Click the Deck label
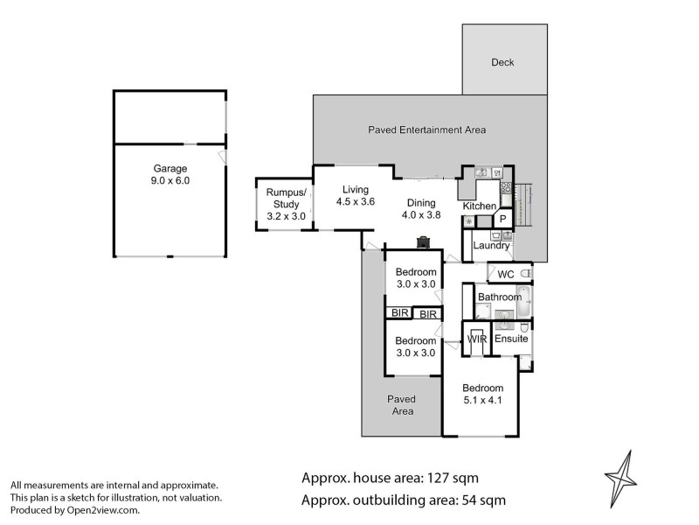pyautogui.click(x=502, y=62)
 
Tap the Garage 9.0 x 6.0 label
pyautogui.click(x=171, y=174)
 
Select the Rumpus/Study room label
pyautogui.click(x=281, y=199)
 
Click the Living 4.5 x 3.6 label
pyautogui.click(x=356, y=195)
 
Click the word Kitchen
pyautogui.click(x=479, y=206)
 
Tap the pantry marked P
pyautogui.click(x=504, y=220)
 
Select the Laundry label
pyautogui.click(x=491, y=246)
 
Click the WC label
pyautogui.click(x=505, y=275)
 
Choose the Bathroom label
pyautogui.click(x=499, y=297)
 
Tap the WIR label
pyautogui.click(x=477, y=338)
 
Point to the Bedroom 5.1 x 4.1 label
pyautogui.click(x=483, y=395)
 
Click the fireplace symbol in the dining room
pyautogui.click(x=424, y=241)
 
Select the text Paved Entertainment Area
pyautogui.click(x=426, y=130)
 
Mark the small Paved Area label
pyautogui.click(x=402, y=404)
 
